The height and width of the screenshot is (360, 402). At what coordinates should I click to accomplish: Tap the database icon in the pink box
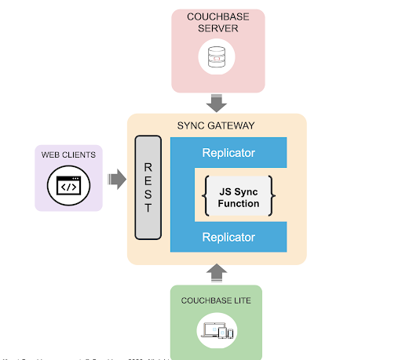[x=216, y=57]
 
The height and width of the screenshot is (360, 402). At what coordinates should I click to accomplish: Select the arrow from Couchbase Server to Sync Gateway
[x=216, y=102]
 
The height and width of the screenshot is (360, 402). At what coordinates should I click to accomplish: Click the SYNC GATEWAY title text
[x=216, y=125]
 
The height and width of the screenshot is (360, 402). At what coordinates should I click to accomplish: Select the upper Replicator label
[x=228, y=152]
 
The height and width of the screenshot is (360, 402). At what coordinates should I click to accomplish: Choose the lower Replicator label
[x=228, y=236]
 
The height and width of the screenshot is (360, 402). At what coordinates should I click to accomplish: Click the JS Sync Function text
[x=239, y=197]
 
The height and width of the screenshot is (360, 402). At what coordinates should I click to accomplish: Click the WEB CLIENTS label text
[x=68, y=155]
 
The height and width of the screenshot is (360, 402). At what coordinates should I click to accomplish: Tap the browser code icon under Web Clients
[x=68, y=187]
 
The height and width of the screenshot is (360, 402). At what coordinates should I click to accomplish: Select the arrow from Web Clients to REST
[x=116, y=180]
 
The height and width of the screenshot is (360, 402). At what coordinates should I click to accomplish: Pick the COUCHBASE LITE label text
[x=217, y=300]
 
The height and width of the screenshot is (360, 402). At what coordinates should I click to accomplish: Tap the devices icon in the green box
[x=217, y=331]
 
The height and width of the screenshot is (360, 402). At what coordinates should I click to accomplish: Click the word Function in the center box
[x=239, y=204]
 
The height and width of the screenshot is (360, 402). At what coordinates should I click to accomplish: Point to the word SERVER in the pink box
[x=216, y=30]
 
